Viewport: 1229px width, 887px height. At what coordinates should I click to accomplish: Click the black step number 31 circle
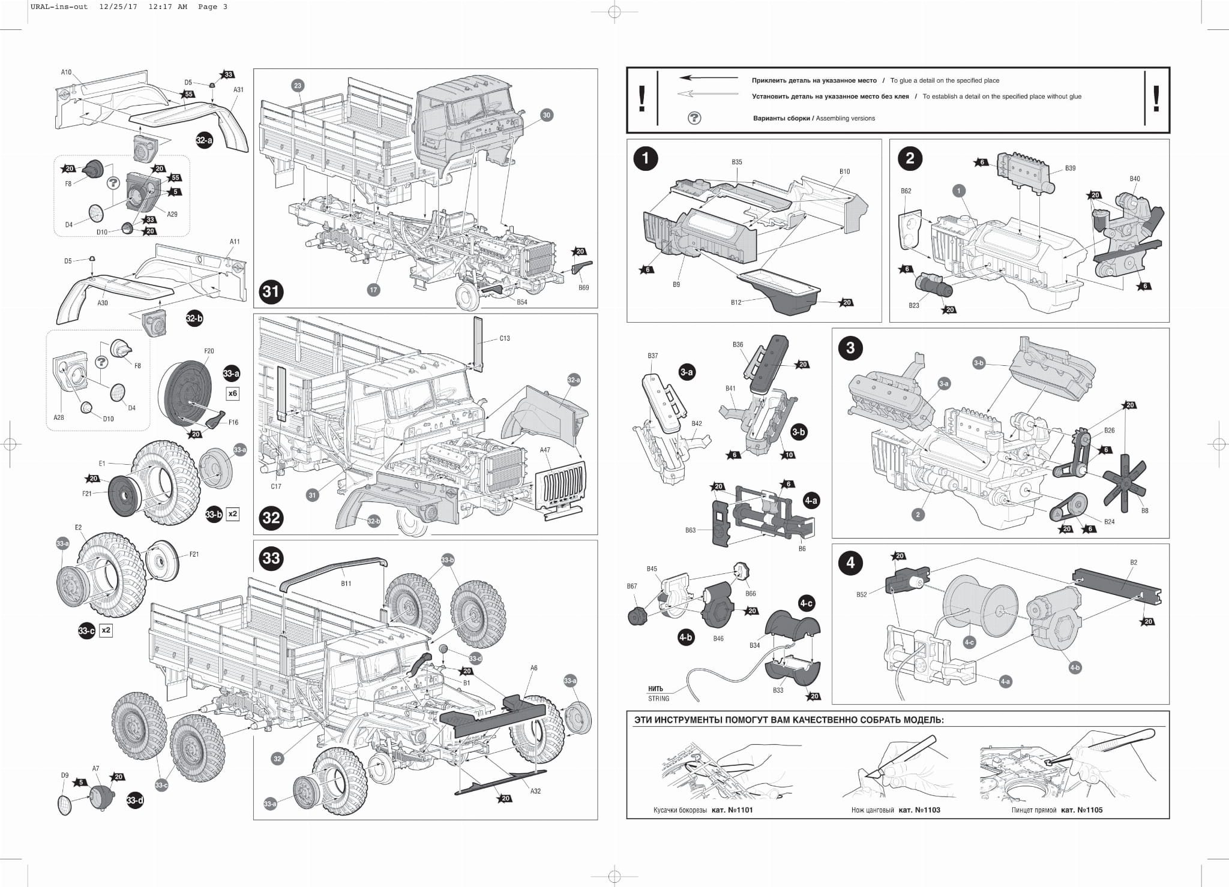tap(271, 292)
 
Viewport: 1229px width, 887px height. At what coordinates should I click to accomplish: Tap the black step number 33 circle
tap(271, 558)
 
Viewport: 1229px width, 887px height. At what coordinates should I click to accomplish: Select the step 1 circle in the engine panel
tap(646, 158)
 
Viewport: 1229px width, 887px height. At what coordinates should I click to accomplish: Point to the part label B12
tap(736, 302)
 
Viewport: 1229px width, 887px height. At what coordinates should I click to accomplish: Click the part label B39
tap(1071, 169)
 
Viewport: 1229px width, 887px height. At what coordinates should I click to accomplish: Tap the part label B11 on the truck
tap(346, 584)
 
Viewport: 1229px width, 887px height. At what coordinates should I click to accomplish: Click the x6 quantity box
tap(233, 393)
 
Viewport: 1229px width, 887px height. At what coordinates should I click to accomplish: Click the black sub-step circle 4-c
tap(806, 603)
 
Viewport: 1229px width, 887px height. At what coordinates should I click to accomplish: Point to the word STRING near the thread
tap(658, 699)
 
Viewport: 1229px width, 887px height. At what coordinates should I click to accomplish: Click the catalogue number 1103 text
tap(919, 810)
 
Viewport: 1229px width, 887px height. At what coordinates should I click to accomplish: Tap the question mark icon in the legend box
tap(694, 118)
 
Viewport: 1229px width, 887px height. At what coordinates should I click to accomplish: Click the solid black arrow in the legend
tap(709, 78)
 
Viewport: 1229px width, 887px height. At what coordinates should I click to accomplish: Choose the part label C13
tap(505, 338)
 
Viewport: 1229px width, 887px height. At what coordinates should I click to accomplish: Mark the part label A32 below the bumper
tap(535, 791)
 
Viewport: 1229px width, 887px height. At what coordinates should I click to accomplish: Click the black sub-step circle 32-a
tap(204, 140)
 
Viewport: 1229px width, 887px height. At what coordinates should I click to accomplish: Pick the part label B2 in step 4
tap(1134, 563)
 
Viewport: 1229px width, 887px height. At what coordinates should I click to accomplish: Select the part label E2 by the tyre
tap(78, 528)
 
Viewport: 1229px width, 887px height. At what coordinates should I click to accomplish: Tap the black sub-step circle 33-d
tap(135, 801)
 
